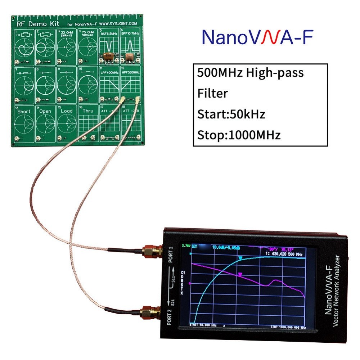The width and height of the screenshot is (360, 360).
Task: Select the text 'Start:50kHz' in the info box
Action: (x=231, y=114)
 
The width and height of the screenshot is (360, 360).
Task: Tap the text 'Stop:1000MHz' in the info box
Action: (x=239, y=135)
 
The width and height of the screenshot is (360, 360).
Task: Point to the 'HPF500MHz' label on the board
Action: (x=130, y=72)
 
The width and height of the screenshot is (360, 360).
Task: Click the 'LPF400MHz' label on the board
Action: (x=109, y=72)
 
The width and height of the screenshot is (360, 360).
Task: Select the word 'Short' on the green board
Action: (x=24, y=111)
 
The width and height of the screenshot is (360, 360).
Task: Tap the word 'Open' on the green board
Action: (x=45, y=111)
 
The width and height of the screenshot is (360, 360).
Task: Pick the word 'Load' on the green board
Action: (x=67, y=111)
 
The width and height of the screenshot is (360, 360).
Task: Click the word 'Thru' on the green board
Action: (x=88, y=111)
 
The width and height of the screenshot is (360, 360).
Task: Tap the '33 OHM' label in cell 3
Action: (x=67, y=32)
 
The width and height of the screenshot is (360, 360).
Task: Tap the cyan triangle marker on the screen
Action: (x=240, y=258)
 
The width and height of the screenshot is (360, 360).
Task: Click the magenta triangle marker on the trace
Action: (x=240, y=275)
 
